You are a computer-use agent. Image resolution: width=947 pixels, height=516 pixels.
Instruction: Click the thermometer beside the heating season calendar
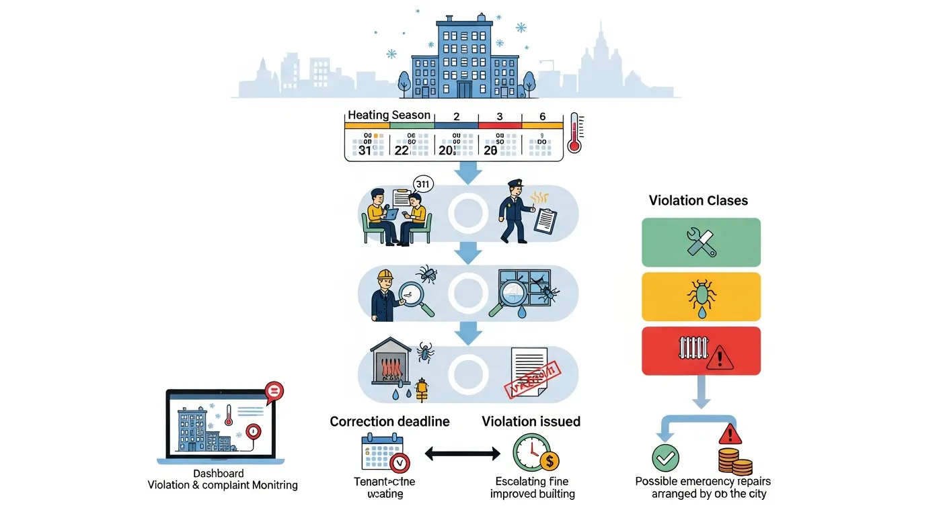pos(575,132)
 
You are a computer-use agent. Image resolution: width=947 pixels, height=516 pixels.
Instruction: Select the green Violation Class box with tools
pos(701,243)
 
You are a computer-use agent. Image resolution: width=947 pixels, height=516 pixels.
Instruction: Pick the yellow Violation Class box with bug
pos(701,296)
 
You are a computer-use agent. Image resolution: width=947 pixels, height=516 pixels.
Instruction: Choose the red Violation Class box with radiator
pos(701,351)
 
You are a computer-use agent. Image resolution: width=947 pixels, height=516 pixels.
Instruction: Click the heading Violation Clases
pos(698,200)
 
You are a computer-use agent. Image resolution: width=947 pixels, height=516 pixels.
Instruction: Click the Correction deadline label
pos(389,422)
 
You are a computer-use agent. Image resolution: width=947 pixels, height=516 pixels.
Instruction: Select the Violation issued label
pos(531,422)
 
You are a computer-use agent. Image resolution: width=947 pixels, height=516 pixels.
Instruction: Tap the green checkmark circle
pos(665,458)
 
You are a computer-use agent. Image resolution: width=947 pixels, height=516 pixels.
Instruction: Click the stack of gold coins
pos(734,462)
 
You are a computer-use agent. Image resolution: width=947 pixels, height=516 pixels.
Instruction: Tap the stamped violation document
pos(534,374)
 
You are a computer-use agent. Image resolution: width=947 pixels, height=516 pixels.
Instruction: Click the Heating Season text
pos(389,116)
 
